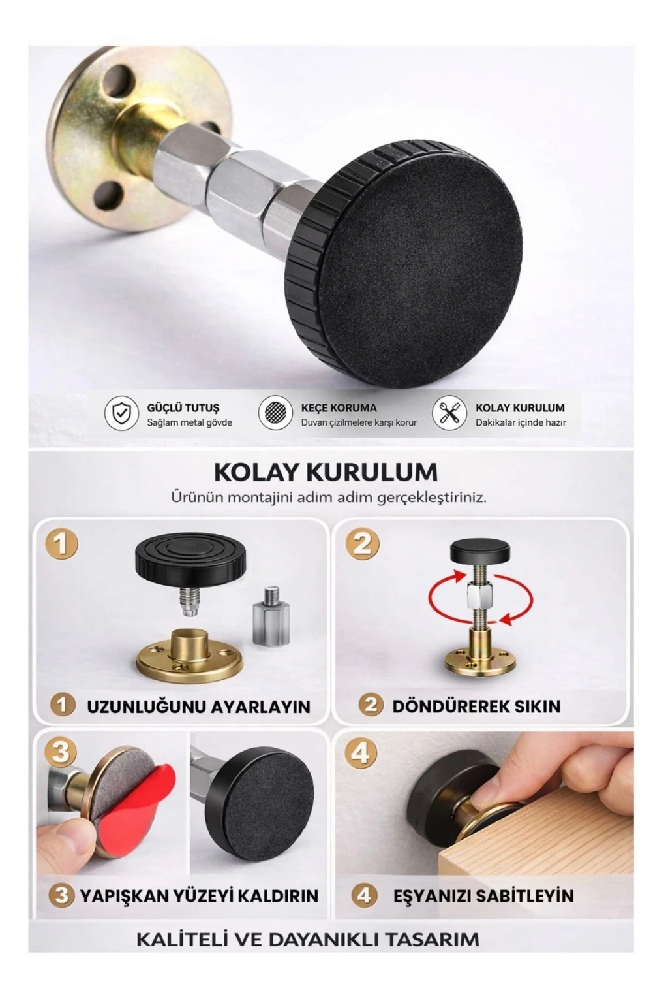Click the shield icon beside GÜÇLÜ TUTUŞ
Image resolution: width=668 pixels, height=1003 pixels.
[x=121, y=414]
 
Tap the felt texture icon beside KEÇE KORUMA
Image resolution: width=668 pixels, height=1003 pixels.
[x=275, y=414]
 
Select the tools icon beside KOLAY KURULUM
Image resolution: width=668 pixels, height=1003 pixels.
[x=448, y=414]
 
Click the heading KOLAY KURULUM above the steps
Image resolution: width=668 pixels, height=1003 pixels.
[x=326, y=471]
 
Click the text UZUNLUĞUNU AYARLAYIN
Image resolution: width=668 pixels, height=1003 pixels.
[x=198, y=707]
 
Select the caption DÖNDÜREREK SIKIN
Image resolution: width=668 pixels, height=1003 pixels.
[x=476, y=706]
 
